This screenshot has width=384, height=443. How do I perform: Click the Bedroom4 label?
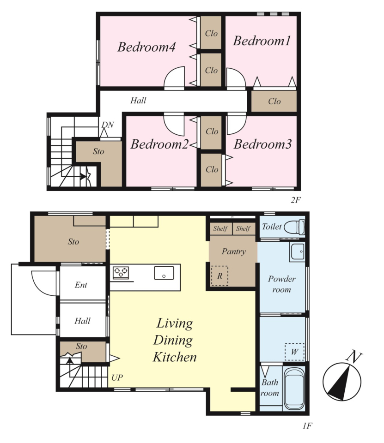(x=146, y=47)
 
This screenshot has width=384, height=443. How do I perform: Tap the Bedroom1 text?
(x=262, y=41)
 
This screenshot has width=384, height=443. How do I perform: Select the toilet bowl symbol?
(x=294, y=227)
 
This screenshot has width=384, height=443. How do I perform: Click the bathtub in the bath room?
(x=294, y=389)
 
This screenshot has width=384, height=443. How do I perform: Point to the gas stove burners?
(x=121, y=273)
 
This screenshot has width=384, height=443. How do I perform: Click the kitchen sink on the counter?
(x=164, y=273)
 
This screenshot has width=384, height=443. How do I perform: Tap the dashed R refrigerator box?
(x=219, y=276)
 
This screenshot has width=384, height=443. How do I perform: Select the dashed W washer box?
(x=294, y=352)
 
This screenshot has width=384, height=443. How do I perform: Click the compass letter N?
(x=354, y=356)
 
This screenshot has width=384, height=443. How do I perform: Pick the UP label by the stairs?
(x=117, y=377)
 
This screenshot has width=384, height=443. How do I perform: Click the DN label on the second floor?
(x=108, y=125)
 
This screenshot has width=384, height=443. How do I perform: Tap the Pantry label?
(x=234, y=251)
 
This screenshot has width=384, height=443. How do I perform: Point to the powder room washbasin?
(x=298, y=251)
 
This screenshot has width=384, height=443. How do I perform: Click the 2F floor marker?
(x=295, y=200)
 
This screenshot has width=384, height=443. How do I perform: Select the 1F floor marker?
(x=307, y=425)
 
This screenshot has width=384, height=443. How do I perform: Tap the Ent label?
(x=81, y=285)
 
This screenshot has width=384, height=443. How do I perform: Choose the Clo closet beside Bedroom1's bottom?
(x=274, y=101)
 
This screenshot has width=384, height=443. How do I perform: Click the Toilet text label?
(x=272, y=227)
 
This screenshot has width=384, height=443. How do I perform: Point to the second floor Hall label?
(x=138, y=100)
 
